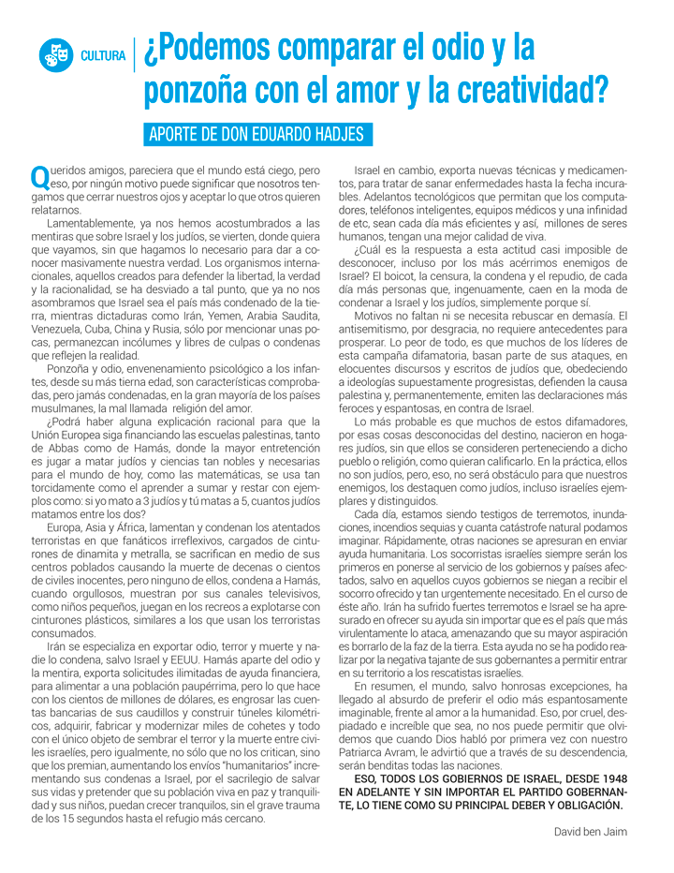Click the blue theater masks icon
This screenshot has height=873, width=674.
coord(55,55)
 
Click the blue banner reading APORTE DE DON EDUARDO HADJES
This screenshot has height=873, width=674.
coord(256,134)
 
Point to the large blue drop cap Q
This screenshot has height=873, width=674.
coord(39,176)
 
